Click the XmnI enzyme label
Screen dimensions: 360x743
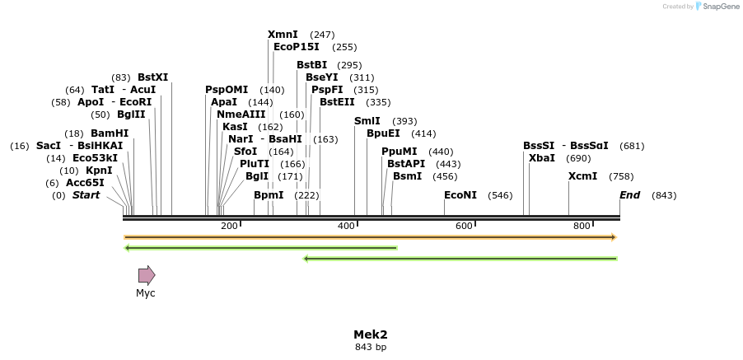[x=283, y=35]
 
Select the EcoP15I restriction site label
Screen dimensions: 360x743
[x=296, y=47]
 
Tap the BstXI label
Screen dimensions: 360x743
[x=152, y=77]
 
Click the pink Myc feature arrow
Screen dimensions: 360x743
[x=147, y=275]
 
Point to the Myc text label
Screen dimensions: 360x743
[x=146, y=293]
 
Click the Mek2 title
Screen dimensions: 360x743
[x=371, y=334]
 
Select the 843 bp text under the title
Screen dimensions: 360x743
[x=371, y=347]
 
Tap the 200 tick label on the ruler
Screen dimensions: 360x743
[x=229, y=226]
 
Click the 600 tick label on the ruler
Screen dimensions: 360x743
[x=464, y=226]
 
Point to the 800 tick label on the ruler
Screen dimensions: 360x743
[x=582, y=226]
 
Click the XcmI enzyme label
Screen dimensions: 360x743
[x=582, y=176]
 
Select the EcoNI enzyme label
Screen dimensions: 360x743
[x=460, y=195]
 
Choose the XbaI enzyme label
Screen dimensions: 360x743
[x=542, y=157]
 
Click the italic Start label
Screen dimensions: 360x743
[x=86, y=195]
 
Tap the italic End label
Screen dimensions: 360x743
[x=629, y=195]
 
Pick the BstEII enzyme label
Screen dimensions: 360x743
[x=337, y=102]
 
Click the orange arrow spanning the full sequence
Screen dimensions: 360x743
[x=371, y=237]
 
